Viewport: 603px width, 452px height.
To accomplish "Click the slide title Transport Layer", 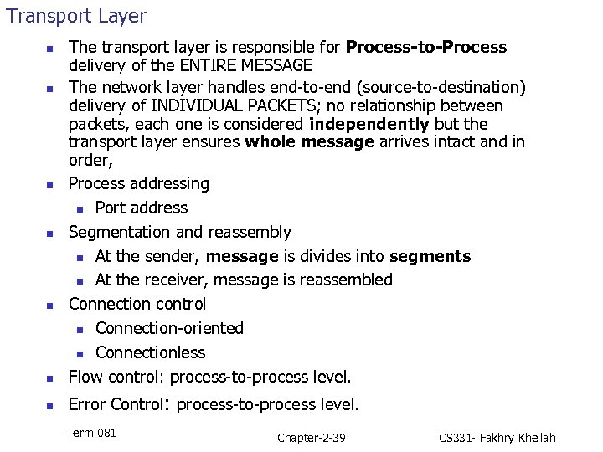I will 76,16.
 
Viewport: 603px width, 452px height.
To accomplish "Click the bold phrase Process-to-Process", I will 426,47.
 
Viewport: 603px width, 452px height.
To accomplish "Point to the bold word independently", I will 368,124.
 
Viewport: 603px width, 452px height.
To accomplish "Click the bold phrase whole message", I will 309,141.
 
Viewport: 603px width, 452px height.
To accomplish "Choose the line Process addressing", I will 139,183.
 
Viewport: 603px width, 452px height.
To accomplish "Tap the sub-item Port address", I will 142,208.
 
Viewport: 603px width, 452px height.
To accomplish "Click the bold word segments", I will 430,256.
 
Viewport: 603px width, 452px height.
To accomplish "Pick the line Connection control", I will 137,304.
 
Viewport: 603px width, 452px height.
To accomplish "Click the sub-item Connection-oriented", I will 169,328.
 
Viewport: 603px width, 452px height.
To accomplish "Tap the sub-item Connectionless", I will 150,352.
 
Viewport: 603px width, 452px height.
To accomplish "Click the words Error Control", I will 116,405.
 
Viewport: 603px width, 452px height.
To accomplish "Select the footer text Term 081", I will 91,433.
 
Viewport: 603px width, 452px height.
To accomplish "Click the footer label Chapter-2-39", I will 311,438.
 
